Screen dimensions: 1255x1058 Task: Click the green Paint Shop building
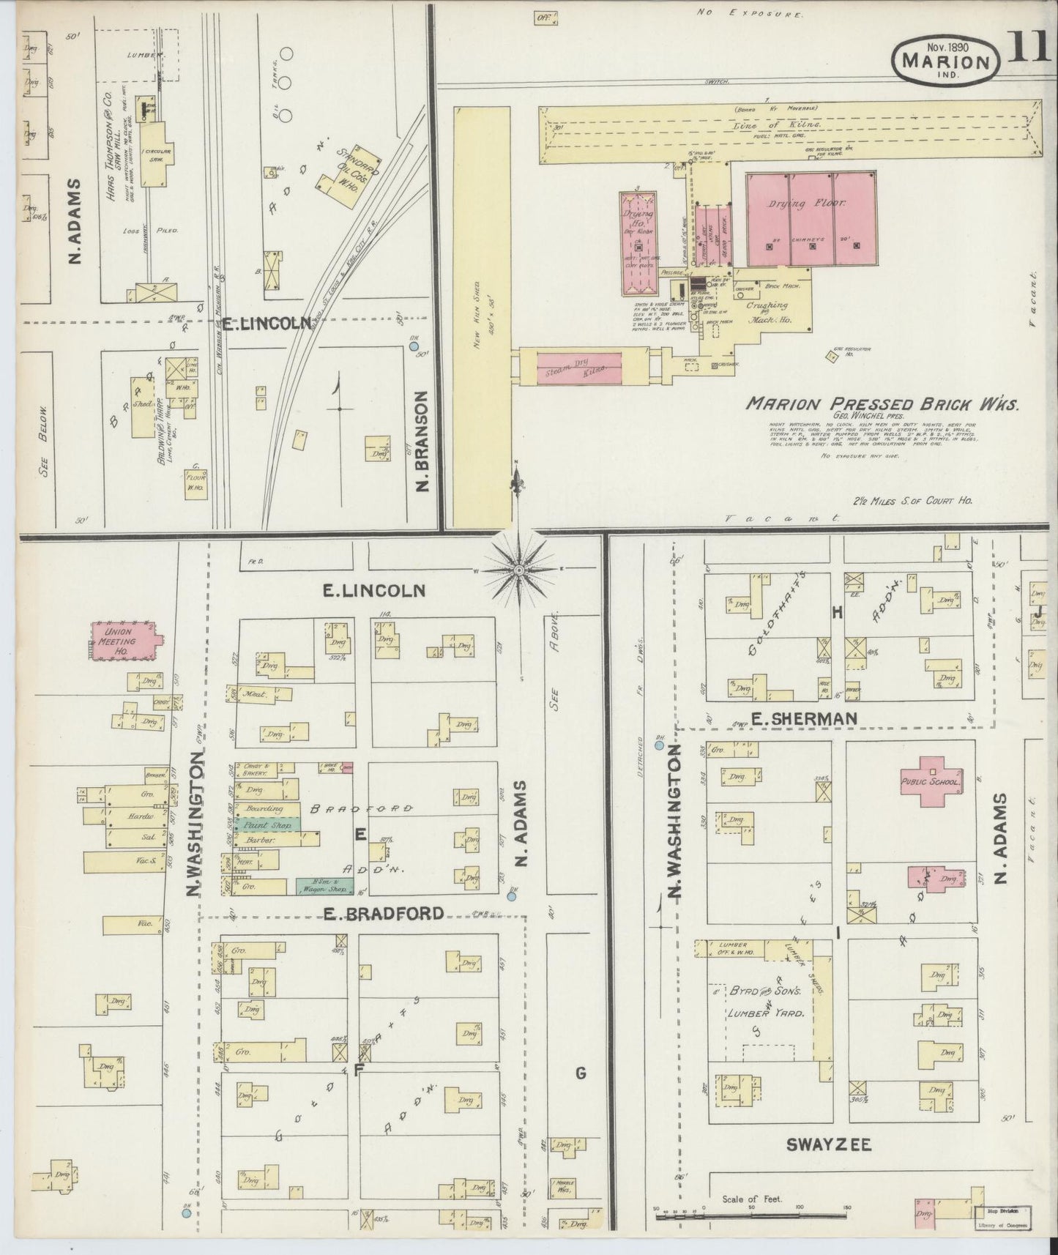tap(267, 824)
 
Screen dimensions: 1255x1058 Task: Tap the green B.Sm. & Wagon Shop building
tap(325, 885)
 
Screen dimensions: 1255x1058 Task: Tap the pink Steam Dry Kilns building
tap(579, 366)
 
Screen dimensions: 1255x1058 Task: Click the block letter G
tap(581, 1074)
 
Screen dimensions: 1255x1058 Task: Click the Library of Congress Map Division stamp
tap(1003, 1217)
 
